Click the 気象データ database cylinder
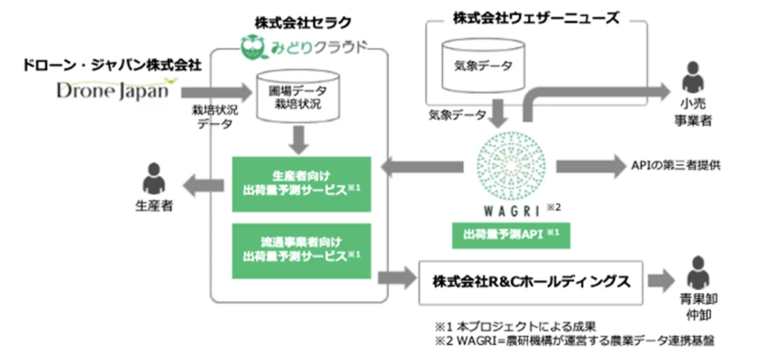click(483, 65)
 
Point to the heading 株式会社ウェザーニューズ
click(536, 18)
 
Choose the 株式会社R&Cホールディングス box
click(530, 282)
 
